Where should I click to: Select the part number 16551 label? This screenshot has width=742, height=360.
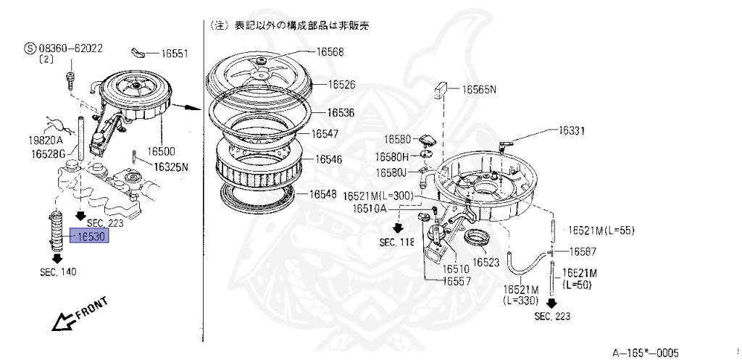[x=174, y=53]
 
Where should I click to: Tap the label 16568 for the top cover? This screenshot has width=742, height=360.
[x=330, y=51]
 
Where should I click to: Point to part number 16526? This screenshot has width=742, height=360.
[x=341, y=85]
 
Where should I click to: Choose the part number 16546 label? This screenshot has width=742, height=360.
[x=330, y=159]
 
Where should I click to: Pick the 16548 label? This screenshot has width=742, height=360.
[x=323, y=194]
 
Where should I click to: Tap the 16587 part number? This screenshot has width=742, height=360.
[x=583, y=251]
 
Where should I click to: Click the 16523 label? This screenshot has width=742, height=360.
[x=486, y=261]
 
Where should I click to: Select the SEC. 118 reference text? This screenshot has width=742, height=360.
[x=396, y=243]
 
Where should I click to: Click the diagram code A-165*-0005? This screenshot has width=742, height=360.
[x=646, y=352]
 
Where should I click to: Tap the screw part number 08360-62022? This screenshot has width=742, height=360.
[x=67, y=49]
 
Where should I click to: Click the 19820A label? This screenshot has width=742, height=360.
[x=46, y=139]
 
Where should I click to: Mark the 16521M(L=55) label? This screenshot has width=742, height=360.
[x=601, y=230]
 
